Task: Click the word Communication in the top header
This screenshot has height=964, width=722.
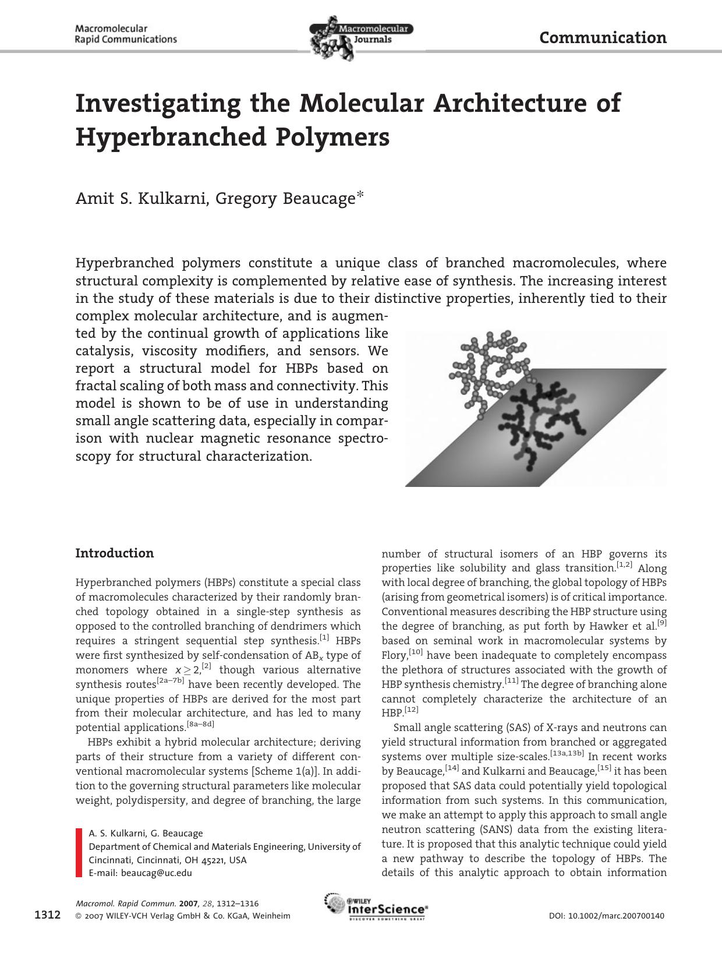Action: (x=603, y=38)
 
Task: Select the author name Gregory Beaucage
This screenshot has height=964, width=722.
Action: (x=285, y=199)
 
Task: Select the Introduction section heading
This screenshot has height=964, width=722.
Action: (x=115, y=553)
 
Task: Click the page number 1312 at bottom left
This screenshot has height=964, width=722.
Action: (x=48, y=915)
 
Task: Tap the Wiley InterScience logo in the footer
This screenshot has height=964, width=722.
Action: (x=376, y=907)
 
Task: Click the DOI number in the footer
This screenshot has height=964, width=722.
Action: (x=606, y=916)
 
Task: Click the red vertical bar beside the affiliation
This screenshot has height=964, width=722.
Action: (x=79, y=852)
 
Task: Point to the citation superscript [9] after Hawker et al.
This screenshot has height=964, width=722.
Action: (x=662, y=623)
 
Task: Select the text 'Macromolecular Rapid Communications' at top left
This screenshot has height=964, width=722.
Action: (x=126, y=34)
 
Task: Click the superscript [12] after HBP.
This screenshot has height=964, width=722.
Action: (x=412, y=710)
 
